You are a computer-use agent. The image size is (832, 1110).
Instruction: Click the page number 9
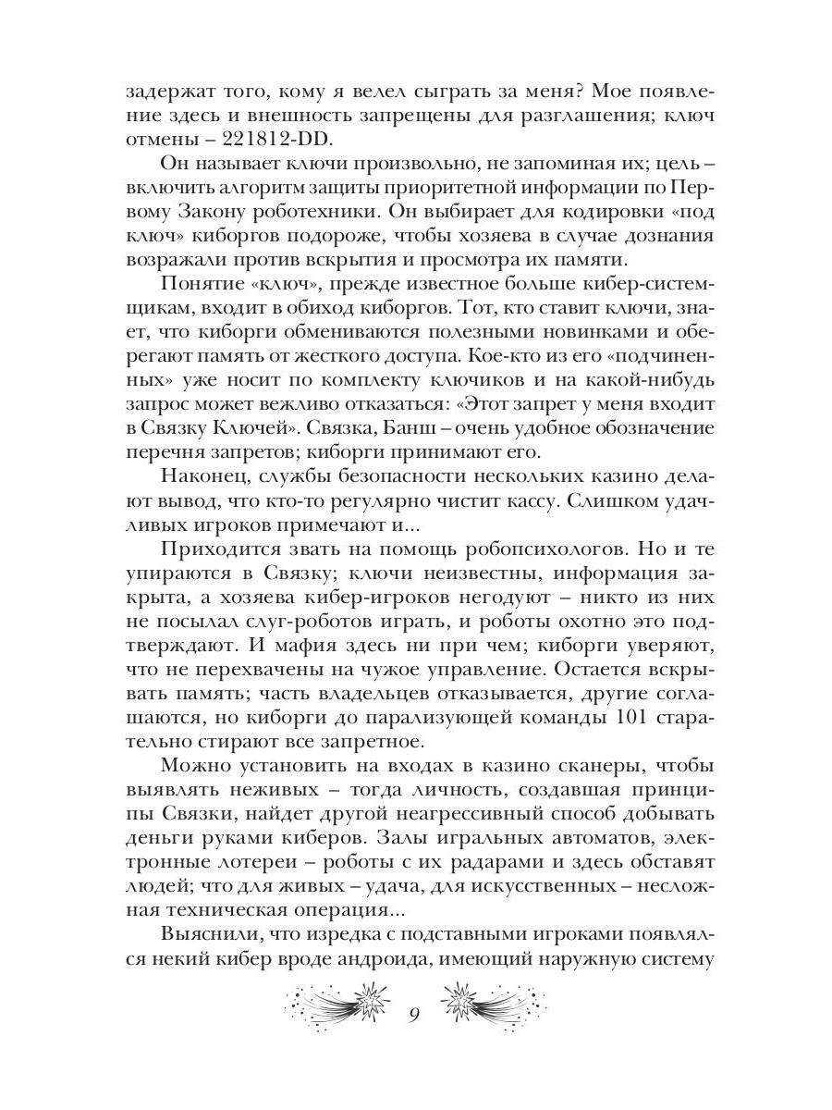coord(415,1016)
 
